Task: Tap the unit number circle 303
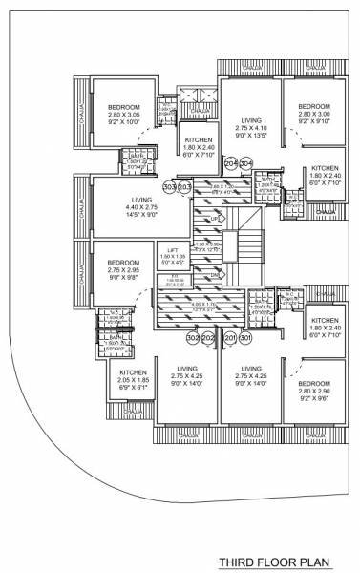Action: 169,187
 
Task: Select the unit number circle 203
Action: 185,187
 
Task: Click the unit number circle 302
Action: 193,338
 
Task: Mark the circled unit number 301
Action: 245,338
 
